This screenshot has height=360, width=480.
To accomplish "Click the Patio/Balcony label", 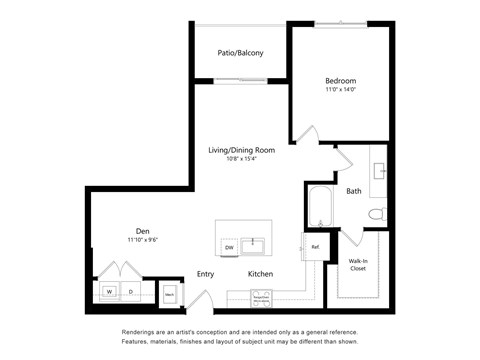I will tap(240, 53).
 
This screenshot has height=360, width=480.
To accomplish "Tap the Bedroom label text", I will tap(340, 81).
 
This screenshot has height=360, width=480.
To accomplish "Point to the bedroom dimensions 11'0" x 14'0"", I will tap(340, 91).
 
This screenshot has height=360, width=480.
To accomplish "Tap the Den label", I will tap(144, 230).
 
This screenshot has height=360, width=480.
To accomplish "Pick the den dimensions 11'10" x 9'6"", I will tap(144, 240).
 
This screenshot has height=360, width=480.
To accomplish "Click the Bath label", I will tap(354, 191).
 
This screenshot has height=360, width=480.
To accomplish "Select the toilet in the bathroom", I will tap(376, 214).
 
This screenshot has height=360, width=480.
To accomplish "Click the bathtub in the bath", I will tap(320, 208).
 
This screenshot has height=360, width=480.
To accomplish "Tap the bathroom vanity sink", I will tap(380, 170).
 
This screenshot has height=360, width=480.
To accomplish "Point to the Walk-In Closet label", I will tap(357, 264).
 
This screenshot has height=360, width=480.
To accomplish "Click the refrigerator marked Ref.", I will tap(314, 246).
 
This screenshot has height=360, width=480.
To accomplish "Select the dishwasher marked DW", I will tap(229, 247).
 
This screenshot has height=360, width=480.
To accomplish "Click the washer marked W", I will tap(110, 292).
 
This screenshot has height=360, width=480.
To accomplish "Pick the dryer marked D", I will tap(130, 292).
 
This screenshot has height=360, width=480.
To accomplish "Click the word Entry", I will tap(205, 274).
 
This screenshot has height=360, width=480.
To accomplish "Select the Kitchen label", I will tap(261, 274).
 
